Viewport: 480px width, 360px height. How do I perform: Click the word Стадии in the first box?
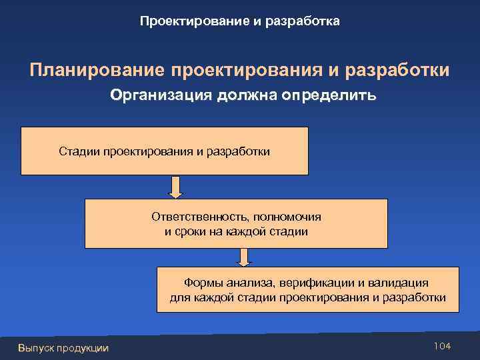79,151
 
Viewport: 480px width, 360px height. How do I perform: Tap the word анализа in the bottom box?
250,283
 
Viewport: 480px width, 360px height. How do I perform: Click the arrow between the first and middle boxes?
175,187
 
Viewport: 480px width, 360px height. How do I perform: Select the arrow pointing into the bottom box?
244,257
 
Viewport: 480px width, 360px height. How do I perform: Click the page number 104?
442,345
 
